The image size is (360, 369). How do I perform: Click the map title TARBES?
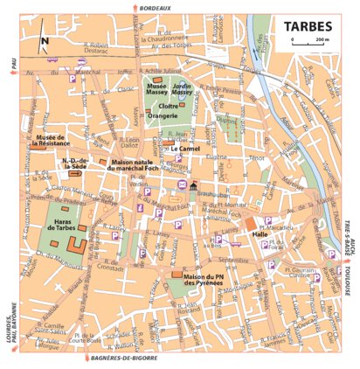click(x=307, y=26)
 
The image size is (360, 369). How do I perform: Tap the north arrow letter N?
click(x=43, y=39)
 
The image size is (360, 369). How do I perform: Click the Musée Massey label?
click(x=158, y=90)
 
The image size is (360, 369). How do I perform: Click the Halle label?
click(x=260, y=234)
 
